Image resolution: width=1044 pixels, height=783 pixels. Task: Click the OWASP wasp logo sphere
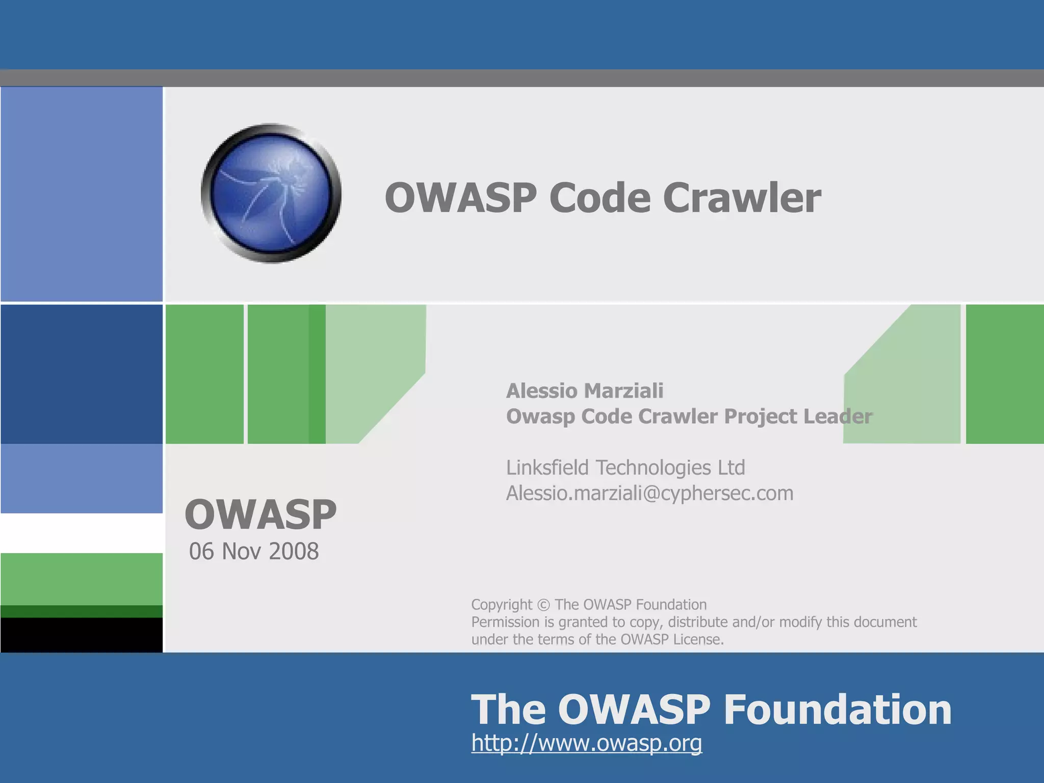[271, 193]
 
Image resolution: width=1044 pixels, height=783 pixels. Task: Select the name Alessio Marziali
[584, 391]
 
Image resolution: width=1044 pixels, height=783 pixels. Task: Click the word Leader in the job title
[838, 416]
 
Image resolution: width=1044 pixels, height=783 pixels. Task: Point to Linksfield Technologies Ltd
[625, 467]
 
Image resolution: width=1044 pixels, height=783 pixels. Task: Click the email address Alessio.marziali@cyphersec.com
[649, 493]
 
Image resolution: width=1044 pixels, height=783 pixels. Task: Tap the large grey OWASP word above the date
[260, 514]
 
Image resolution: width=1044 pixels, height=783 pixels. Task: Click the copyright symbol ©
[543, 605]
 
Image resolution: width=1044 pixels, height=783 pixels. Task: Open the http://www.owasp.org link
[586, 743]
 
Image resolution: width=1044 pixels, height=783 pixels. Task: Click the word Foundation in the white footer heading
[838, 710]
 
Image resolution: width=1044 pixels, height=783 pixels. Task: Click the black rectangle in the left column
[82, 635]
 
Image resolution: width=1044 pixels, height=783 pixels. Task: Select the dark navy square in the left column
[82, 374]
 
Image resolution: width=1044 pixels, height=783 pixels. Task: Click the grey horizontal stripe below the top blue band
[522, 78]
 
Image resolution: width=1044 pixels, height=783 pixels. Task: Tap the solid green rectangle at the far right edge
[1004, 374]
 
